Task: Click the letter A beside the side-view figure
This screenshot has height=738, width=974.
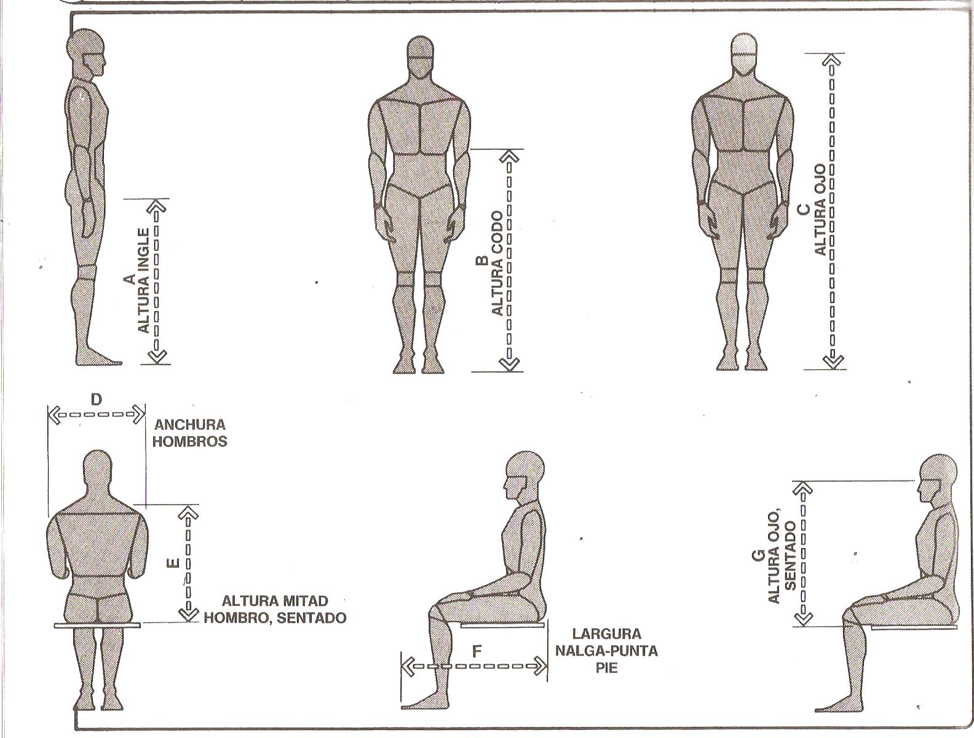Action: (129, 280)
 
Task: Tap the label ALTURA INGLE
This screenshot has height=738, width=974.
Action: (144, 280)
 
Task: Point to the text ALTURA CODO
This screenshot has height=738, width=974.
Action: (497, 263)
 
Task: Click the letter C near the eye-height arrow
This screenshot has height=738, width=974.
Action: (803, 210)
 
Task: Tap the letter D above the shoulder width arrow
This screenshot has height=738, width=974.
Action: (97, 400)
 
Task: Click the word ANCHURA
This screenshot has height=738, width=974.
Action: (190, 424)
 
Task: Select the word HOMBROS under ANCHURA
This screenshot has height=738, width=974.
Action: (190, 441)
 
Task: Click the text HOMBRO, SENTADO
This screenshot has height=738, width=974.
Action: (275, 617)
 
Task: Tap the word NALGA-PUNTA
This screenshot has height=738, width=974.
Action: (606, 651)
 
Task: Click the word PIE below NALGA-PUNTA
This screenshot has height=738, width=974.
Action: (606, 667)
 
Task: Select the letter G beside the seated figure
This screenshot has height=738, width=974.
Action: (758, 556)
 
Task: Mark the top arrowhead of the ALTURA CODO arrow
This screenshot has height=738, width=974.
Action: (509, 157)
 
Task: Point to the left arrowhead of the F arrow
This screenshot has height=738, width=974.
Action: (407, 666)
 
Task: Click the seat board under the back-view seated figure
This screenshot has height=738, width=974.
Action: (97, 625)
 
